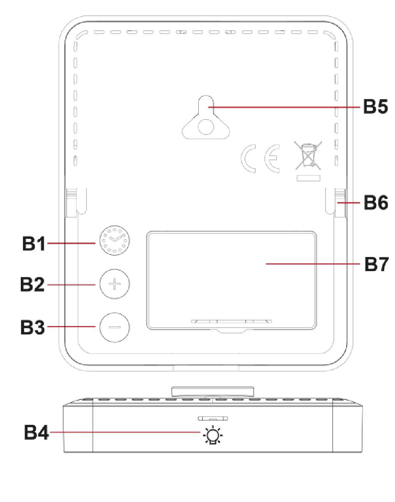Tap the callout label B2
pyautogui.click(x=32, y=285)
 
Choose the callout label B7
pyautogui.click(x=376, y=264)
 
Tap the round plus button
pyautogui.click(x=115, y=284)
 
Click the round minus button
pyautogui.click(x=115, y=327)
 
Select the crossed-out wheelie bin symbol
pyautogui.click(x=308, y=156)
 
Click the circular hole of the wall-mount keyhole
pyautogui.click(x=205, y=126)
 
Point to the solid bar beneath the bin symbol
pyautogui.click(x=308, y=178)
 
